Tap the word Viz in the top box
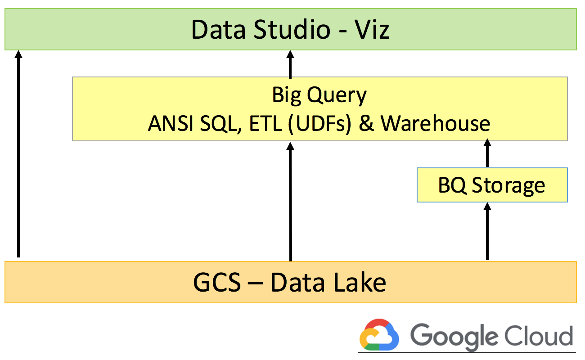pyautogui.click(x=371, y=30)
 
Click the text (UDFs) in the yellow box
pyautogui.click(x=320, y=123)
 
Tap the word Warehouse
pyautogui.click(x=436, y=123)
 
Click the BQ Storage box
pyautogui.click(x=492, y=185)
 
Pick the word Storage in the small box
pyautogui.click(x=508, y=185)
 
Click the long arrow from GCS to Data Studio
pyautogui.click(x=18, y=153)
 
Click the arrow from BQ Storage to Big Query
pyautogui.click(x=487, y=153)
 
